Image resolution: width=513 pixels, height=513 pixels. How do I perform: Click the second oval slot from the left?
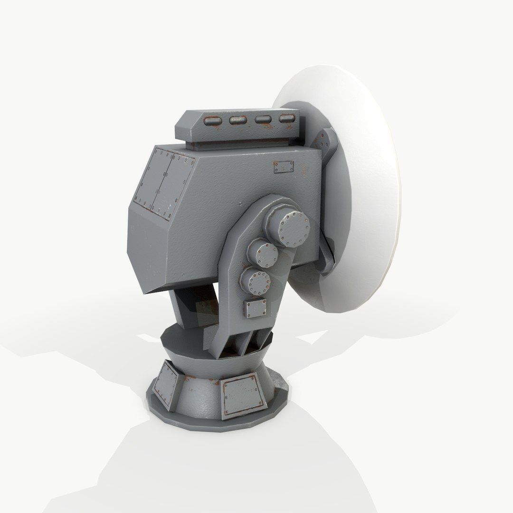(x=237, y=121)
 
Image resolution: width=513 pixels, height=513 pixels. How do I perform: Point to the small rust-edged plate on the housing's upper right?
(x=284, y=167)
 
